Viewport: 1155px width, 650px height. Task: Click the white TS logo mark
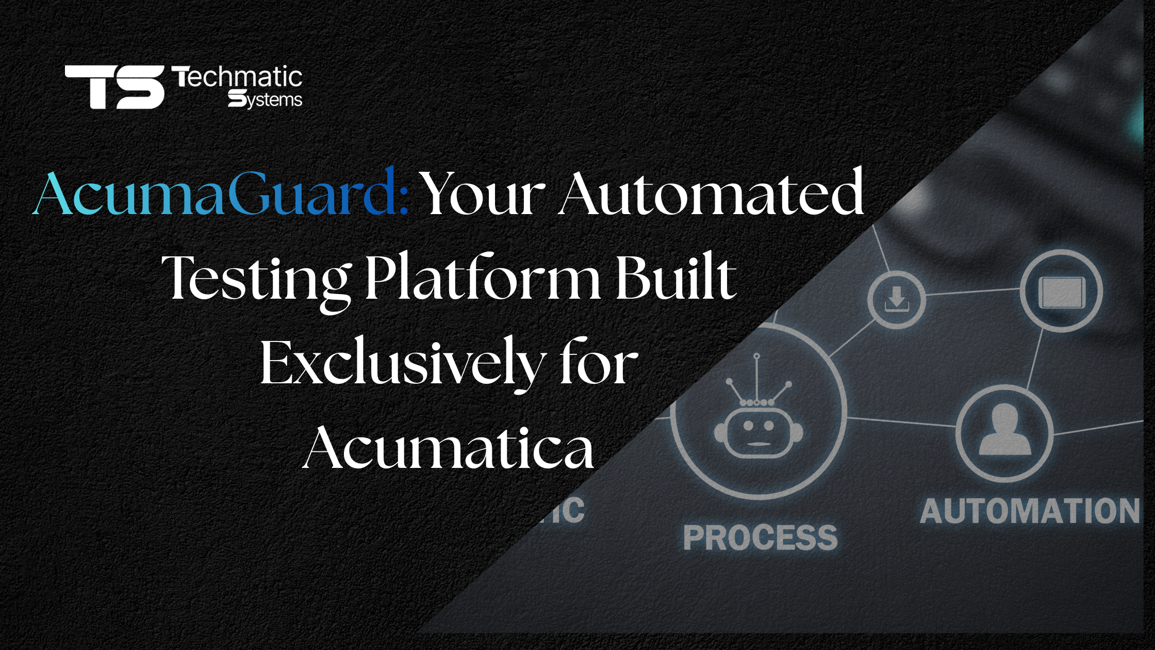(114, 87)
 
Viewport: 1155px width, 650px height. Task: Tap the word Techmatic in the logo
(237, 77)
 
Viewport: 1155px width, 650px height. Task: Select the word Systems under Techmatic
(265, 99)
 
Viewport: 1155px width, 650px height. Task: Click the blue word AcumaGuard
(221, 193)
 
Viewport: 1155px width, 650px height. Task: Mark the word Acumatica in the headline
(448, 448)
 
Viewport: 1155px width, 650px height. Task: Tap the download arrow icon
(897, 299)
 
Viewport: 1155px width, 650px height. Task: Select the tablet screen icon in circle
(1062, 292)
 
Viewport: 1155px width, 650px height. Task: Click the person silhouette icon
(1005, 429)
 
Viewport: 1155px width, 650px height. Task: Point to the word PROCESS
(761, 538)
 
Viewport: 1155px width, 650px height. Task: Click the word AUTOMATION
(1030, 511)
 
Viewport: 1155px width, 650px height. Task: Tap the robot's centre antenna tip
(756, 356)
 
